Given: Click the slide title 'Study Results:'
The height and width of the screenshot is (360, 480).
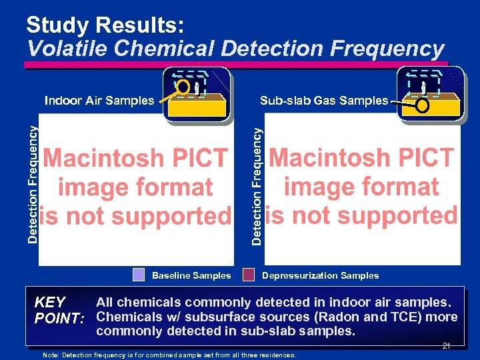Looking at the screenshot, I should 105,25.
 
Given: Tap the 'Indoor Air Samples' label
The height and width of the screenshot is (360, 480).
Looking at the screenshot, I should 99,101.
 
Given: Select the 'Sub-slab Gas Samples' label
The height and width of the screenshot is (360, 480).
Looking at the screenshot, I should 323,101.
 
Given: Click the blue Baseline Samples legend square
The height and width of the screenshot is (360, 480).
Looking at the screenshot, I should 138,275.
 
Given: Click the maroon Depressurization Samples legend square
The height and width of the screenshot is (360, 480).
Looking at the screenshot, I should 249,275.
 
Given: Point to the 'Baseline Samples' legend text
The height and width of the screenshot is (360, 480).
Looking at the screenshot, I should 191,275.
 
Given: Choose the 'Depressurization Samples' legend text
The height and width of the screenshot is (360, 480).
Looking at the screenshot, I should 320,275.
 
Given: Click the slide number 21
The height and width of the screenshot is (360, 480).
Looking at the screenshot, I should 446,345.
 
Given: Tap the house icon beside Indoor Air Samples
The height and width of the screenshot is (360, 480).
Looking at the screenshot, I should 197,95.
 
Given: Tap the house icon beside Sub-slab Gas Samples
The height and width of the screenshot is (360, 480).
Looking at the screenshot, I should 429,94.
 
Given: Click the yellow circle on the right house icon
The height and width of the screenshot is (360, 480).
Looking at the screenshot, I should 422,106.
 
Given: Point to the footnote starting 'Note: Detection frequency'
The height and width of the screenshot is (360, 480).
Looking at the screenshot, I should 169,355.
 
